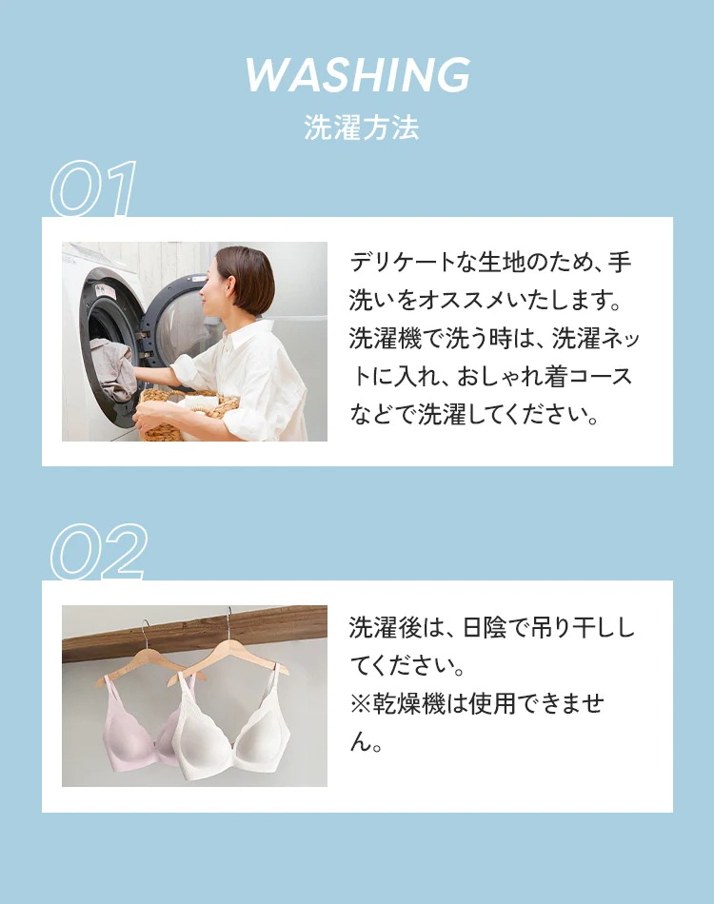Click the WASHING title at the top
click(x=358, y=74)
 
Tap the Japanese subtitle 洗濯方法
click(x=362, y=128)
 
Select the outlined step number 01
click(x=93, y=188)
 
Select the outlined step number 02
click(x=98, y=551)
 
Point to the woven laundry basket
click(x=189, y=413)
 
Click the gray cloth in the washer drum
click(x=113, y=368)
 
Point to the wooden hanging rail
click(x=194, y=633)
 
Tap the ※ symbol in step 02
click(x=361, y=704)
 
